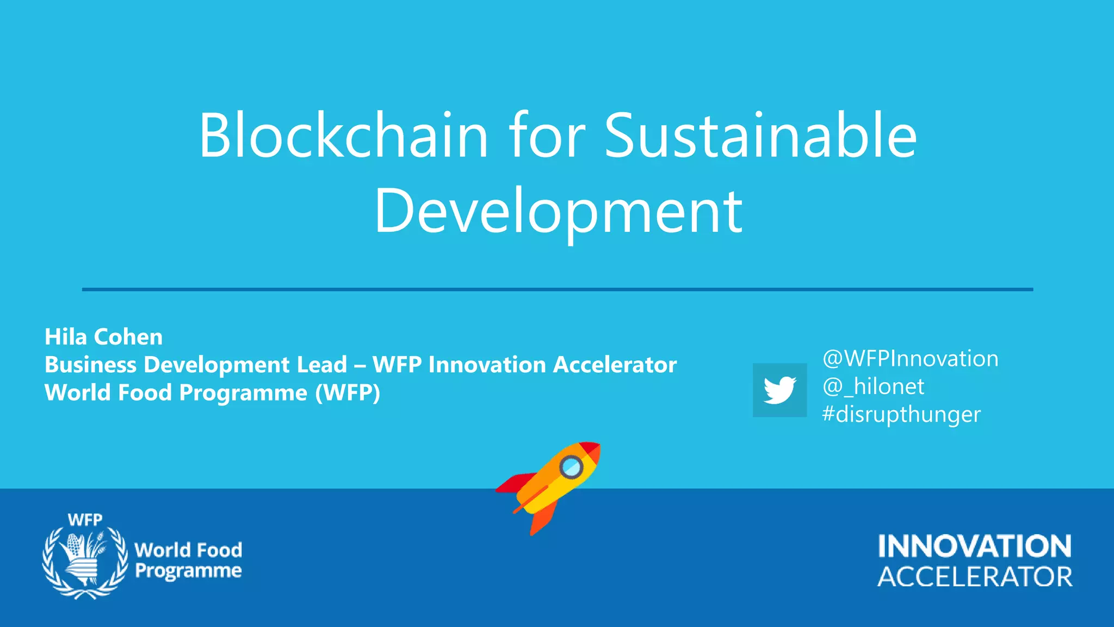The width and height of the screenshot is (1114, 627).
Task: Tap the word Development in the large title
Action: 558,211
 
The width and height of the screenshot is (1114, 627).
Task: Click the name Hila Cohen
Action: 103,337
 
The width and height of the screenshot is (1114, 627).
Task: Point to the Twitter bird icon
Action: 779,390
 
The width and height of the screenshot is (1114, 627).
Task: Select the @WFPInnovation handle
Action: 910,359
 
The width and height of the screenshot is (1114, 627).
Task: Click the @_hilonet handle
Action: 873,386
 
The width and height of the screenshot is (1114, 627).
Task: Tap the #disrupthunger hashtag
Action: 901,414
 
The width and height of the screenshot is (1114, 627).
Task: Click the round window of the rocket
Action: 571,467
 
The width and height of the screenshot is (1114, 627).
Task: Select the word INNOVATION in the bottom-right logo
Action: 975,546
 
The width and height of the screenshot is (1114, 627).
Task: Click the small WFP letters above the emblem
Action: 85,520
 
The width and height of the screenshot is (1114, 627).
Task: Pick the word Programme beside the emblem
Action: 188,571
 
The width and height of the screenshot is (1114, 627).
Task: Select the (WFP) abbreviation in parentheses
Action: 348,392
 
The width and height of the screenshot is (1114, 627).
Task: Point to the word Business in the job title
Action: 90,365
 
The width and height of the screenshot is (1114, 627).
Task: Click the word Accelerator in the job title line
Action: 615,365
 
